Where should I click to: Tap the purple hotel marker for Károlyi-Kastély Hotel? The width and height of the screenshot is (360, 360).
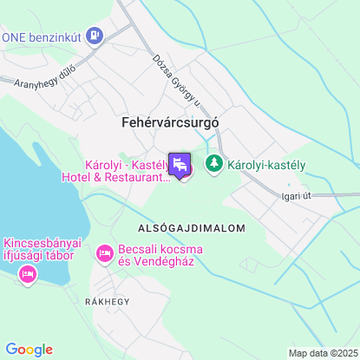coord(180,165)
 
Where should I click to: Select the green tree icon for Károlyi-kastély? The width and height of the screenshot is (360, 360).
coord(213,162)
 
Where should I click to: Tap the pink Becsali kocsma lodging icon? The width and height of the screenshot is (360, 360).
coord(104,253)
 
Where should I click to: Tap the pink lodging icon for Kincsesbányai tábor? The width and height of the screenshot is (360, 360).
coord(27,275)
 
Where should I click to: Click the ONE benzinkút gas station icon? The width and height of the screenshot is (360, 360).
coord(95,36)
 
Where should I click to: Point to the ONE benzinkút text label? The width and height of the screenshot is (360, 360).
coord(43,36)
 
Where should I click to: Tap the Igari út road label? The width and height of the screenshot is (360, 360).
coord(296,196)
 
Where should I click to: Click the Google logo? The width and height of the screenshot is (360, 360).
coord(29,349)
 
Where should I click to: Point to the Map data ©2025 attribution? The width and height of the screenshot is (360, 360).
coord(323,353)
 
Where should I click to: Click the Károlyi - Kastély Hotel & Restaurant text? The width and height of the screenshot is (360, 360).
coord(128,171)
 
